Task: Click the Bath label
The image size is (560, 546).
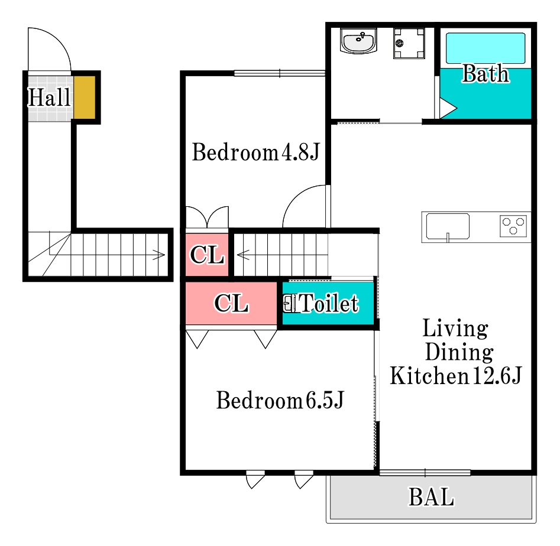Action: point(485,73)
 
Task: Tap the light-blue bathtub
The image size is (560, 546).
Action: point(485,48)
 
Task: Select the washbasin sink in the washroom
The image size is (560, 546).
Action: point(358,41)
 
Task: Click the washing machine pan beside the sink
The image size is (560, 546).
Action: point(409,43)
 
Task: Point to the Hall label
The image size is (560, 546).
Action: point(49,97)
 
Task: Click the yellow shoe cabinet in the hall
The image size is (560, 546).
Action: point(85,97)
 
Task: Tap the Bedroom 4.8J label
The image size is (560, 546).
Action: point(255,152)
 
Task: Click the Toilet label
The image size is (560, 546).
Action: point(329,303)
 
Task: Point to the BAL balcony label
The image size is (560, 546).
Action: point(432,497)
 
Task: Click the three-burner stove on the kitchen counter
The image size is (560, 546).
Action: point(513,226)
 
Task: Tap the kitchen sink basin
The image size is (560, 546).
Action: point(448,226)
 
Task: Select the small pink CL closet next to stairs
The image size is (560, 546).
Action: point(207,255)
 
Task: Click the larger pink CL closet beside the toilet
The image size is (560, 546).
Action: point(231,303)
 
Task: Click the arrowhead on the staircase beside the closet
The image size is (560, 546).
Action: point(242,255)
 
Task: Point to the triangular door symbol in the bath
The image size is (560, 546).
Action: point(448,108)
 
